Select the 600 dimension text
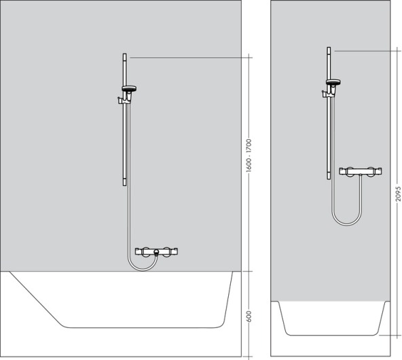pyautogui.click(x=249, y=315)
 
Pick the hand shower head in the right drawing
pyautogui.click(x=333, y=82)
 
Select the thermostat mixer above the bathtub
pyautogui.click(x=156, y=252)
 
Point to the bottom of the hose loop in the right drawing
pyautogui.click(x=346, y=225)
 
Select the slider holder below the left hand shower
pyautogui.click(x=122, y=101)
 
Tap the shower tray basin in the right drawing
pyautogui.click(x=331, y=319)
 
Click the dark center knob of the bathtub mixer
pyautogui.click(x=156, y=253)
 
